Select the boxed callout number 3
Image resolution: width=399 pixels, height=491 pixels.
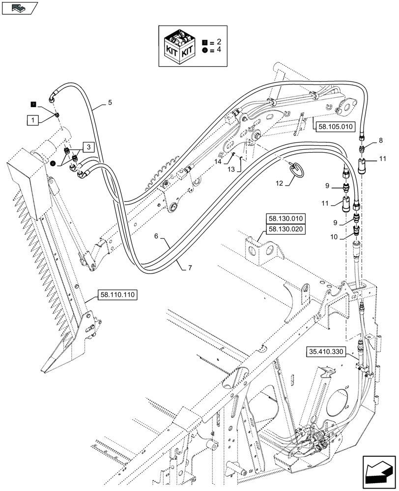[88, 147]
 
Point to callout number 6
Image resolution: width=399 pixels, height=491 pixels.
[156, 236]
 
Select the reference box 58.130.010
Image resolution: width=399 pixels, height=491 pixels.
[286, 219]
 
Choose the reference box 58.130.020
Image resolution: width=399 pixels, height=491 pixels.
[286, 229]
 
